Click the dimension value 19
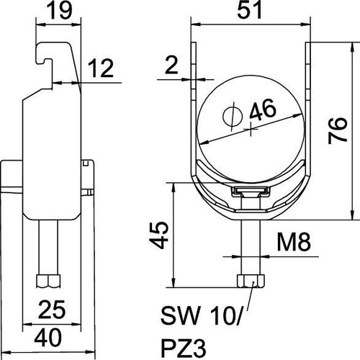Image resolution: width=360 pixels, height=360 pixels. (60, 11)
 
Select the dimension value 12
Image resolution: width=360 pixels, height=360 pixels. (100, 68)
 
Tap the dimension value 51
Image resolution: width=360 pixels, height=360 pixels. (249, 10)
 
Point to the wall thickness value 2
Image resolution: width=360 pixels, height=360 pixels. (171, 65)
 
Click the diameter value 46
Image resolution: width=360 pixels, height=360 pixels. (263, 109)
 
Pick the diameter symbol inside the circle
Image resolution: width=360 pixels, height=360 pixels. (233, 117)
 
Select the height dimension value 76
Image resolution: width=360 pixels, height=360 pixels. (338, 130)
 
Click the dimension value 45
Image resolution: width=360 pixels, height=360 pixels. (158, 235)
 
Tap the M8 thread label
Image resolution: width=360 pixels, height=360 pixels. (294, 242)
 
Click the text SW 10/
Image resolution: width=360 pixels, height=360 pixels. (200, 315)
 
